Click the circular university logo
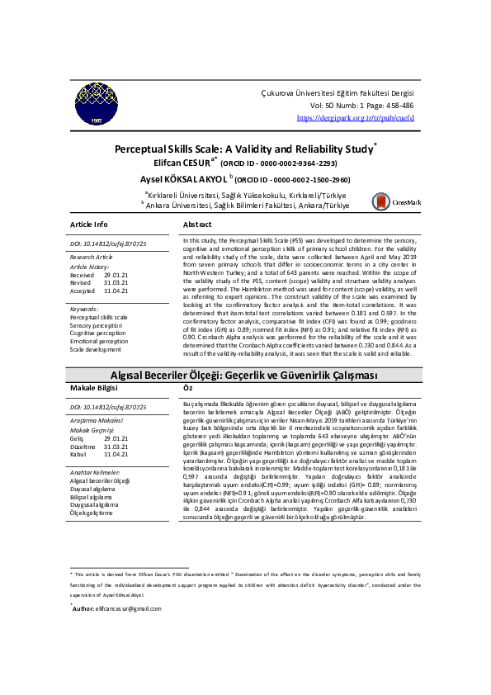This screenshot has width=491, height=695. coord(98,106)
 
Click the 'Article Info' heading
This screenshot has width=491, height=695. coord(89,225)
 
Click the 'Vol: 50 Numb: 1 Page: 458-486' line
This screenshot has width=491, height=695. coord(361,106)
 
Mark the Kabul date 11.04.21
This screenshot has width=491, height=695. coord(116,454)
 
